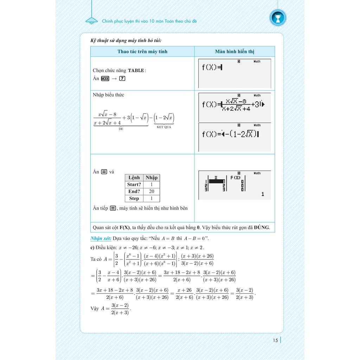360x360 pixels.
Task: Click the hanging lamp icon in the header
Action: click(x=92, y=20)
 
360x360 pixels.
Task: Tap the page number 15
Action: click(x=275, y=340)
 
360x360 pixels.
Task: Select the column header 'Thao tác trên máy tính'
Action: click(x=142, y=51)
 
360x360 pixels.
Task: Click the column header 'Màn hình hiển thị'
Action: click(x=234, y=51)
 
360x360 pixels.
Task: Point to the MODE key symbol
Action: click(x=105, y=78)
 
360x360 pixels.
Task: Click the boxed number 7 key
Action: click(x=122, y=78)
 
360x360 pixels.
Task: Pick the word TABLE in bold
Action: click(x=136, y=70)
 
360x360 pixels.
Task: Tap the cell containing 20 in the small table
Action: click(x=152, y=191)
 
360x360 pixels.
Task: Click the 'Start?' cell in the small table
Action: click(x=134, y=184)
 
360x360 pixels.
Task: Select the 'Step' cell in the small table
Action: click(x=134, y=198)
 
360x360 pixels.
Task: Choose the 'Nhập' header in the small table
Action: click(x=152, y=178)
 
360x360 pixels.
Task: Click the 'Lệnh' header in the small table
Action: click(x=134, y=178)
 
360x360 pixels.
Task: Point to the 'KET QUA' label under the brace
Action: click(x=164, y=127)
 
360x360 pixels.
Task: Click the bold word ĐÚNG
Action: click(x=262, y=227)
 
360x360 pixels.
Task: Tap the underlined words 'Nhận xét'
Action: click(x=101, y=238)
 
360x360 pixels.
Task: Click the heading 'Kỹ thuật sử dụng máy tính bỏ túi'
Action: click(x=126, y=41)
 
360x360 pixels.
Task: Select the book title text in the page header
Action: click(x=149, y=21)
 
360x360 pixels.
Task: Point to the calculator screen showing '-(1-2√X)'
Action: click(x=234, y=137)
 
